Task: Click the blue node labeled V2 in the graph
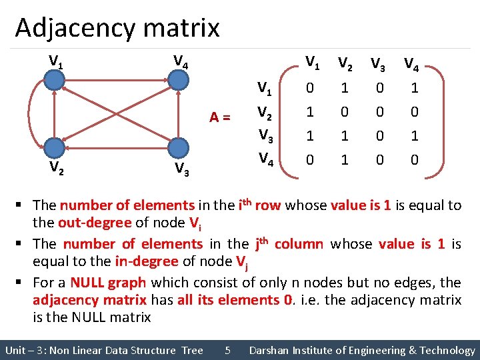55,148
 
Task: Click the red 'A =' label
220,117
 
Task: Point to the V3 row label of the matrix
265,136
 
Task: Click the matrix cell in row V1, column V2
345,88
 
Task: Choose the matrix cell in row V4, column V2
345,160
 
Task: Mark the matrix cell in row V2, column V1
309,112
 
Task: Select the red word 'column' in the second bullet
297,244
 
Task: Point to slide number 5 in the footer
227,350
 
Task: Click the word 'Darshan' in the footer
270,350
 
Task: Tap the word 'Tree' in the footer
192,350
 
